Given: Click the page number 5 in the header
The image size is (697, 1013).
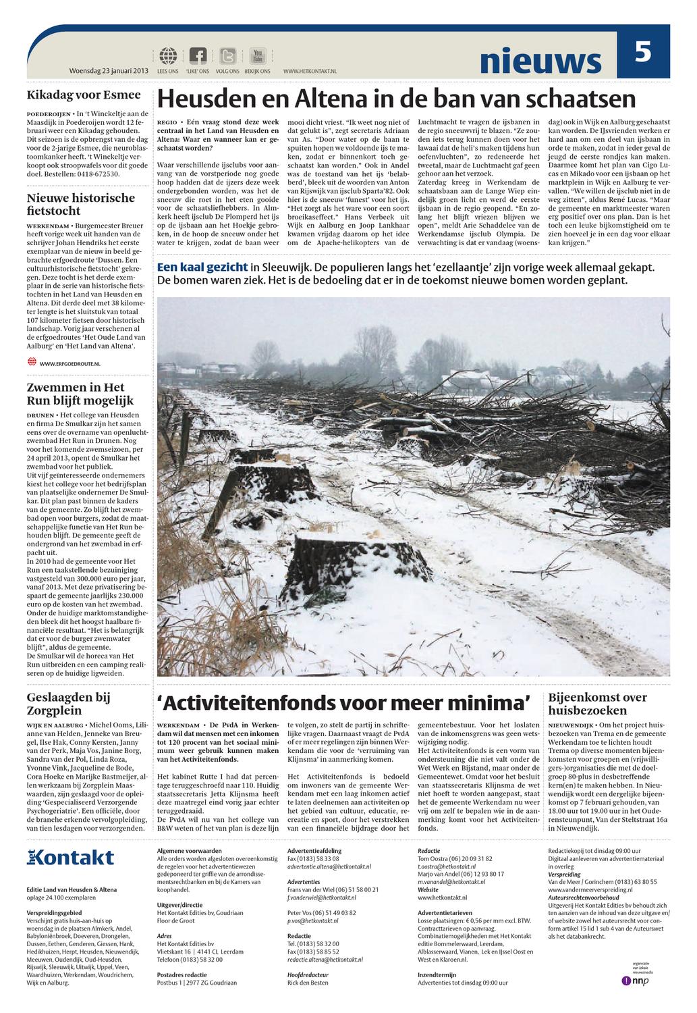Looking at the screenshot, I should tap(642, 53).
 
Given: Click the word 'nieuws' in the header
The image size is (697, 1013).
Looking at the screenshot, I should tap(540, 61).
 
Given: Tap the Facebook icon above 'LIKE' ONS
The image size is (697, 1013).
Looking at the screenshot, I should tap(198, 56).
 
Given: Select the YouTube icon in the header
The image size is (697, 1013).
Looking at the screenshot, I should tap(258, 56).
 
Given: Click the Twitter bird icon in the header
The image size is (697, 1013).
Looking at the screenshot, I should tap(228, 56).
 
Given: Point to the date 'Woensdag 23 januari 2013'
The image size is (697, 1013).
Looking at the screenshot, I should tap(109, 71).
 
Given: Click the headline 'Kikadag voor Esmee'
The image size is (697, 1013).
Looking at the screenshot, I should tap(84, 95).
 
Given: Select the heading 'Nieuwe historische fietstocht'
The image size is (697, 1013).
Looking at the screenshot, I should tap(81, 204).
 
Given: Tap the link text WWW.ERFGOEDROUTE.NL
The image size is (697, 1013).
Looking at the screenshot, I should tap(69, 364).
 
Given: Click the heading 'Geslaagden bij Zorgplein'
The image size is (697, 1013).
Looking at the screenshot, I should tap(68, 704).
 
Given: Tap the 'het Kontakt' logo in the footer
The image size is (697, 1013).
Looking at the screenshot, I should tap(71, 858).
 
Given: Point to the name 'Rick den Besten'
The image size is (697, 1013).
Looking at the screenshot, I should tap(308, 983).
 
